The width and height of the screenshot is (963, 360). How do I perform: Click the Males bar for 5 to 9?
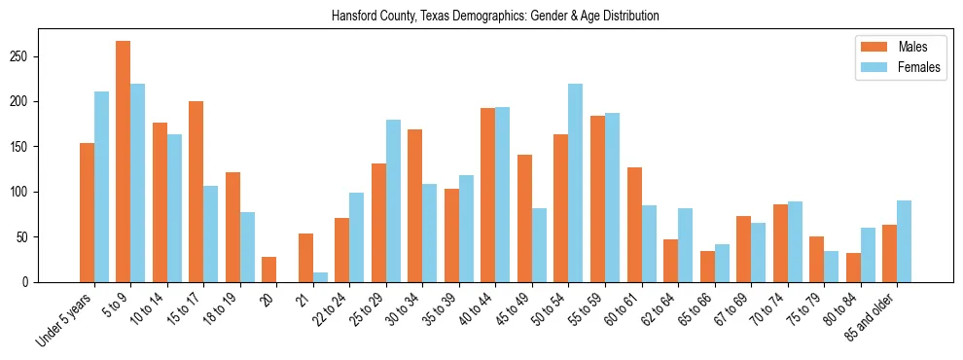click(x=124, y=162)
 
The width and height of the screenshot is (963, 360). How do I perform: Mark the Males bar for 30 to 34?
click(x=415, y=205)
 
